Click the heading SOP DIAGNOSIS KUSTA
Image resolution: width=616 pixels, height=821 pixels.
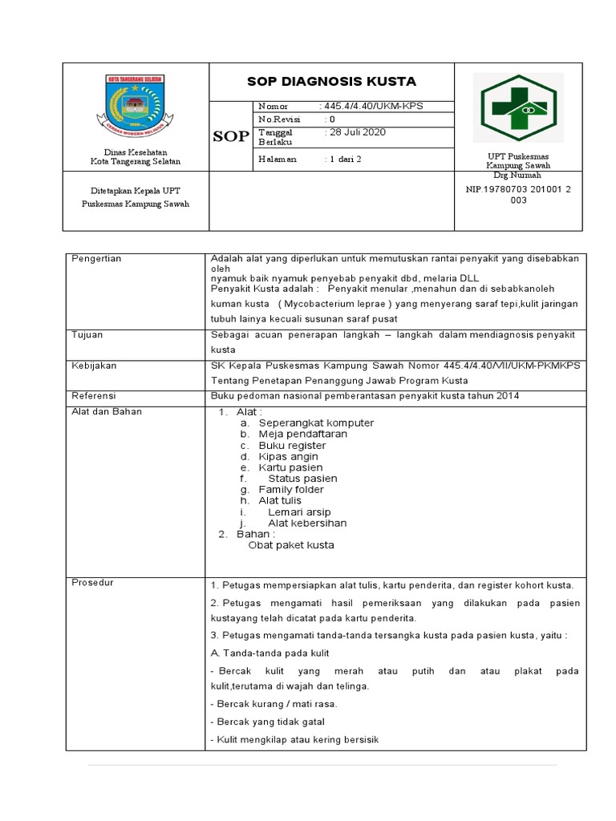[x=331, y=82]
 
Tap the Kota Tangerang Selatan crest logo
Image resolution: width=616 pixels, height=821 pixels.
[x=135, y=104]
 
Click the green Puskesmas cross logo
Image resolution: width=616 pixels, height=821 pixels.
[x=518, y=107]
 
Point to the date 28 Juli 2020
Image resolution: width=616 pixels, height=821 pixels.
[x=355, y=132]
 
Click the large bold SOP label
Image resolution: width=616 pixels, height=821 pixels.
[x=231, y=136]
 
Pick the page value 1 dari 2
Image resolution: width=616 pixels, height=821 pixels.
[x=342, y=159]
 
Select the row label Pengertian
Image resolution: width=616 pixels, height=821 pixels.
[x=96, y=259]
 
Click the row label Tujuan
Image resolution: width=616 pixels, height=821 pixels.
[x=87, y=334]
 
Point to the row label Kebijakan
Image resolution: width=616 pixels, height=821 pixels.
[x=95, y=366]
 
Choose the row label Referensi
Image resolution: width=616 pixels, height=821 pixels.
[x=95, y=396]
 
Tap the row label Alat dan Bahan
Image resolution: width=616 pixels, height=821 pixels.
[x=107, y=411]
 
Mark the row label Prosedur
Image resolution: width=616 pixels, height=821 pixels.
[x=93, y=582]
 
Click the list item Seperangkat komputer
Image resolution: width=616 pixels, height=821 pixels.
[x=316, y=423]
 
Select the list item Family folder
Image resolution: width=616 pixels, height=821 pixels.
[x=291, y=489]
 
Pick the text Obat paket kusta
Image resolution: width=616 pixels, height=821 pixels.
[x=291, y=545]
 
